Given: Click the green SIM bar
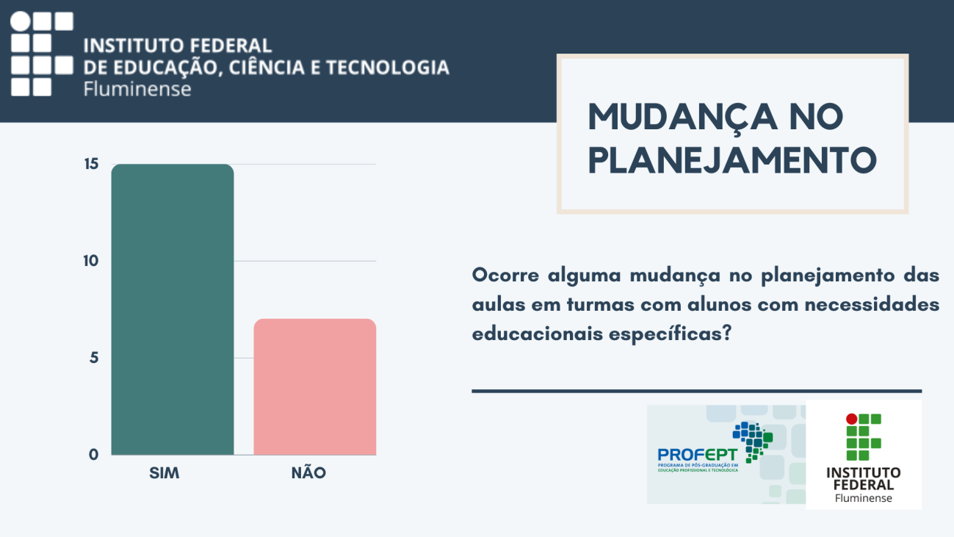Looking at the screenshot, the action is click(173, 309).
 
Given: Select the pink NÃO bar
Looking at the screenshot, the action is click(315, 386).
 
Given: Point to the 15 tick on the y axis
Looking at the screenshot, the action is click(91, 164).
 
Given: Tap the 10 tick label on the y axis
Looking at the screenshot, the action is click(91, 261).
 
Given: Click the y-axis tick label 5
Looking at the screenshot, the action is click(94, 358).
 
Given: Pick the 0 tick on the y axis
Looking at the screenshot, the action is click(94, 455).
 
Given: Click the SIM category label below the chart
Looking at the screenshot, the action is click(164, 473).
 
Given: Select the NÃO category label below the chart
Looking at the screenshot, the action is click(308, 472).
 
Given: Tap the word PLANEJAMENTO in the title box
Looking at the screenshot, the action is click(732, 161).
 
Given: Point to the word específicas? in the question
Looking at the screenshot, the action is click(670, 334).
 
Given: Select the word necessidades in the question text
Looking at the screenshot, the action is click(872, 304).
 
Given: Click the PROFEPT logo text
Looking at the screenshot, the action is click(697, 455).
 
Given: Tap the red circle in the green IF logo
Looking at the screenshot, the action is click(851, 419).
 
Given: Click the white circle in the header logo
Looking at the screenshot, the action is click(20, 22).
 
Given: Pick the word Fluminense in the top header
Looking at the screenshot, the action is click(137, 90).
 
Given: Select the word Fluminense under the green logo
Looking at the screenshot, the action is click(863, 498).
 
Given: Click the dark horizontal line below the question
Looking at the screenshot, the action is click(697, 391).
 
